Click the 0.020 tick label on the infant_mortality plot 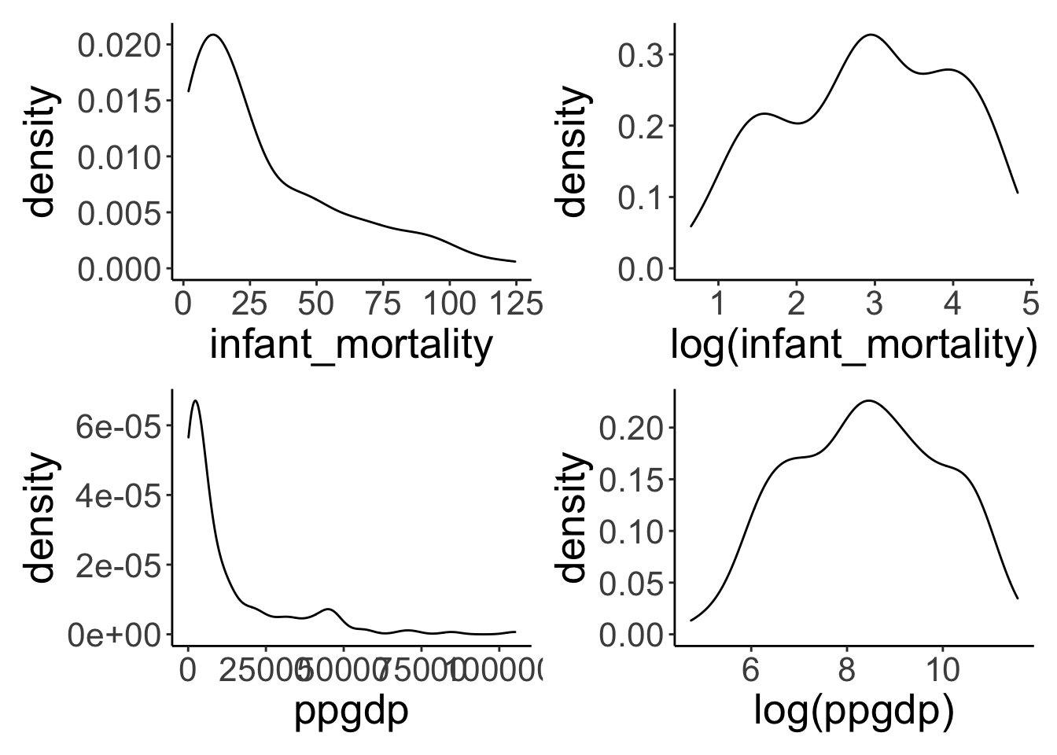coord(122,45)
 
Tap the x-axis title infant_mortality coord(351,345)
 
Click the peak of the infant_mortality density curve coord(213,35)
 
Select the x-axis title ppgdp coord(351,713)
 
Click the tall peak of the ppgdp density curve coord(195,401)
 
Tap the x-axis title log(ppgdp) coord(853,713)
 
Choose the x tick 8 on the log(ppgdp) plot coord(845,670)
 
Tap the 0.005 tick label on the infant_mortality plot coord(122,213)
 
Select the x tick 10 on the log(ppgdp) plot coord(941,670)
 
